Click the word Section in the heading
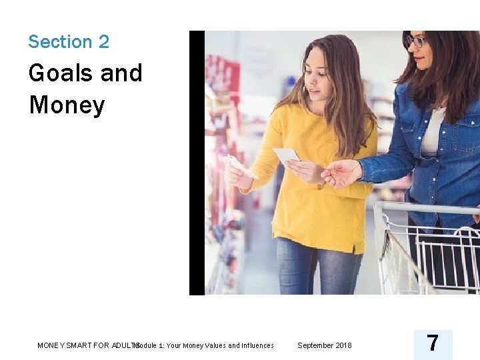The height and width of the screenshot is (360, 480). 59,42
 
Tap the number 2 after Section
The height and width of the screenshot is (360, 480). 103,42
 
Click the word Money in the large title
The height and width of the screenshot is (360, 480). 67,105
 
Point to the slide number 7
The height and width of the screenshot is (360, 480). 432,343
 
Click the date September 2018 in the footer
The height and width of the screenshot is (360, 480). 324,345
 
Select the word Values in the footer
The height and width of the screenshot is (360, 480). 215,345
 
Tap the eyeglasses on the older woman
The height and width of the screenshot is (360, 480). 415,42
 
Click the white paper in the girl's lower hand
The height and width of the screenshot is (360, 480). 241,166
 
